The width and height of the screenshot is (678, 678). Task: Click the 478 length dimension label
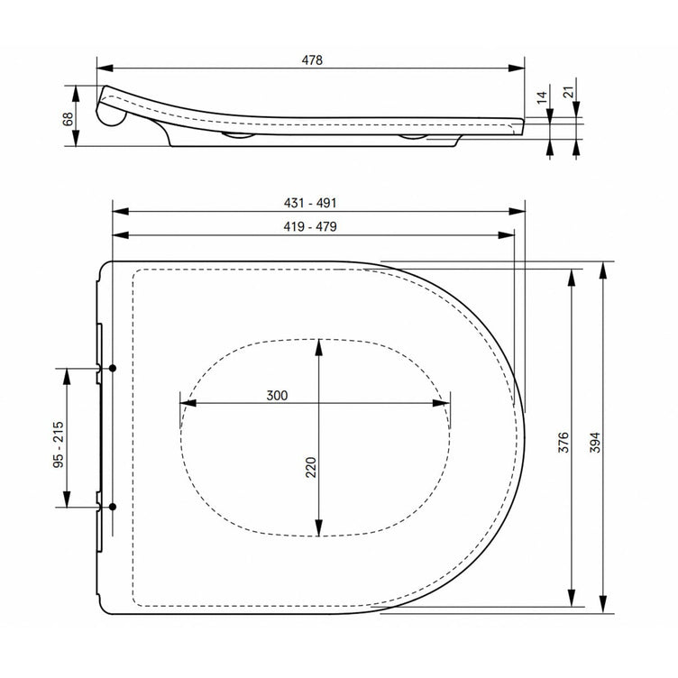pyautogui.click(x=312, y=60)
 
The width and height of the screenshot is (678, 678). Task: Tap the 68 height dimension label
pyautogui.click(x=68, y=119)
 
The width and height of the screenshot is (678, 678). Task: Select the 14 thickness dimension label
pyautogui.click(x=542, y=97)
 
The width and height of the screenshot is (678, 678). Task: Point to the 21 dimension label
pyautogui.click(x=570, y=92)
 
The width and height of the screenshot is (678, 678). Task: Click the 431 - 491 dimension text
pyautogui.click(x=310, y=203)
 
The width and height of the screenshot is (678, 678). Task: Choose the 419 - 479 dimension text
pyautogui.click(x=310, y=226)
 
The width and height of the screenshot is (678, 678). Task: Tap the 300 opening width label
pyautogui.click(x=277, y=395)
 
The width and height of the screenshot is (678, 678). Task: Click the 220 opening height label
pyautogui.click(x=311, y=467)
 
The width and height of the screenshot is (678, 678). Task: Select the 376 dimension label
pyautogui.click(x=563, y=442)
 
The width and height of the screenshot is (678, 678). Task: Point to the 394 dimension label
pyautogui.click(x=595, y=443)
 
